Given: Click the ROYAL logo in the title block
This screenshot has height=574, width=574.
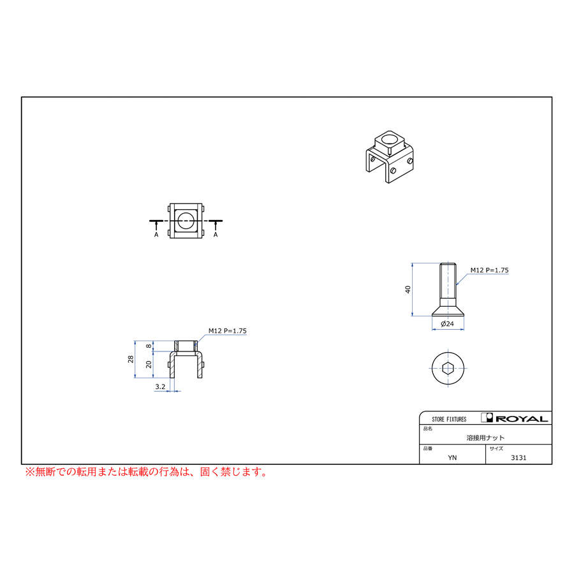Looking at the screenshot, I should tap(515, 418).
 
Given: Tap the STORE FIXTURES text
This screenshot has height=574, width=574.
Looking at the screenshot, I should tap(449, 419).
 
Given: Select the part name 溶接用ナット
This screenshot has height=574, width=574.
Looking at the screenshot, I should tap(485, 438).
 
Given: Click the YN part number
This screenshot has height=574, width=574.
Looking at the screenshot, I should tap(452, 457).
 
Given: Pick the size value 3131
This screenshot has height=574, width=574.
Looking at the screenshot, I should tap(519, 457).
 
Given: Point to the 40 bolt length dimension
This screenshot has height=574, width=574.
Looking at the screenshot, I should tap(408, 289).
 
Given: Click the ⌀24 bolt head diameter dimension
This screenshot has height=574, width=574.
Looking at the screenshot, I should tap(447, 324).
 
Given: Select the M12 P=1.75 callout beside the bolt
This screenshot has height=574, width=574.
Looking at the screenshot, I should tap(489, 270).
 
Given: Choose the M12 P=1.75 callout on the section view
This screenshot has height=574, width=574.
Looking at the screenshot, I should tap(227, 331).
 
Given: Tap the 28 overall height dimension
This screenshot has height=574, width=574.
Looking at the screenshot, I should tap(131, 360).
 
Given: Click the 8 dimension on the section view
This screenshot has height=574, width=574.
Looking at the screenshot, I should tap(149, 346).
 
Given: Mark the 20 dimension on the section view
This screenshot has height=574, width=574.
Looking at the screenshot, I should tap(149, 364).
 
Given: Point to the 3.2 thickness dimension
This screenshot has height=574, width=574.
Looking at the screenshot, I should tap(160, 386).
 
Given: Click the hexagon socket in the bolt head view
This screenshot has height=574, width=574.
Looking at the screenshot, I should tap(447, 367).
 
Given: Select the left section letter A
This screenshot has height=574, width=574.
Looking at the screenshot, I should tap(156, 235).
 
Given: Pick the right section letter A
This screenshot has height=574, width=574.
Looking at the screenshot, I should tap(216, 235).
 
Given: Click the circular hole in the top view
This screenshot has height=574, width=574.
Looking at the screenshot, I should tap(186, 221).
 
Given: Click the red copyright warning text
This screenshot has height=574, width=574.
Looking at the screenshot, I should tap(146, 473).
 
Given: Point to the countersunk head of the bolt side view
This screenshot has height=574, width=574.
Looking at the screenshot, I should tap(447, 311).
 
